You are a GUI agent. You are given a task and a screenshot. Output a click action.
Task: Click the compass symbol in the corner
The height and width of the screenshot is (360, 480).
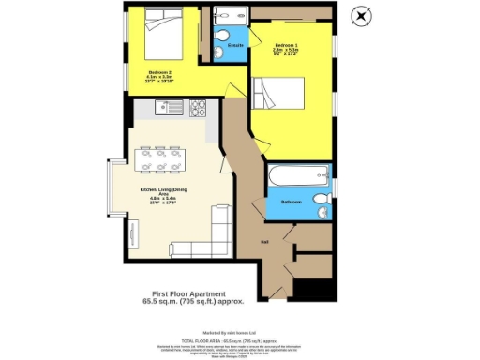359,15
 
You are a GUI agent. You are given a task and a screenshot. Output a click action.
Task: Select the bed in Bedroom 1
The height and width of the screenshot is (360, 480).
286,96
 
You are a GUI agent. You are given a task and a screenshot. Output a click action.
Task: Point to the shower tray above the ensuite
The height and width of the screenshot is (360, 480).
227,17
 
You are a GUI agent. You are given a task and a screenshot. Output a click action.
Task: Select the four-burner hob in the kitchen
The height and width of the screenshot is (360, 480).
198,108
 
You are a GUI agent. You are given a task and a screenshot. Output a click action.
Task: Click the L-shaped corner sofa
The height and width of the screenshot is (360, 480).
211,239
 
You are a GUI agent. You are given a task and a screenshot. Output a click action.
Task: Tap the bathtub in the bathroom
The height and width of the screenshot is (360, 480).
295,178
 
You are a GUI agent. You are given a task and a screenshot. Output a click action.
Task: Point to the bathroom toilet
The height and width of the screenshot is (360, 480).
320,206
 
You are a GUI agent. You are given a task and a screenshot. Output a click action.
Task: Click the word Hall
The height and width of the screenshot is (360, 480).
264,241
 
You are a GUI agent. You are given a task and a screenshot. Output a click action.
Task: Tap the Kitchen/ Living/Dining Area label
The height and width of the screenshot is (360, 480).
156,194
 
